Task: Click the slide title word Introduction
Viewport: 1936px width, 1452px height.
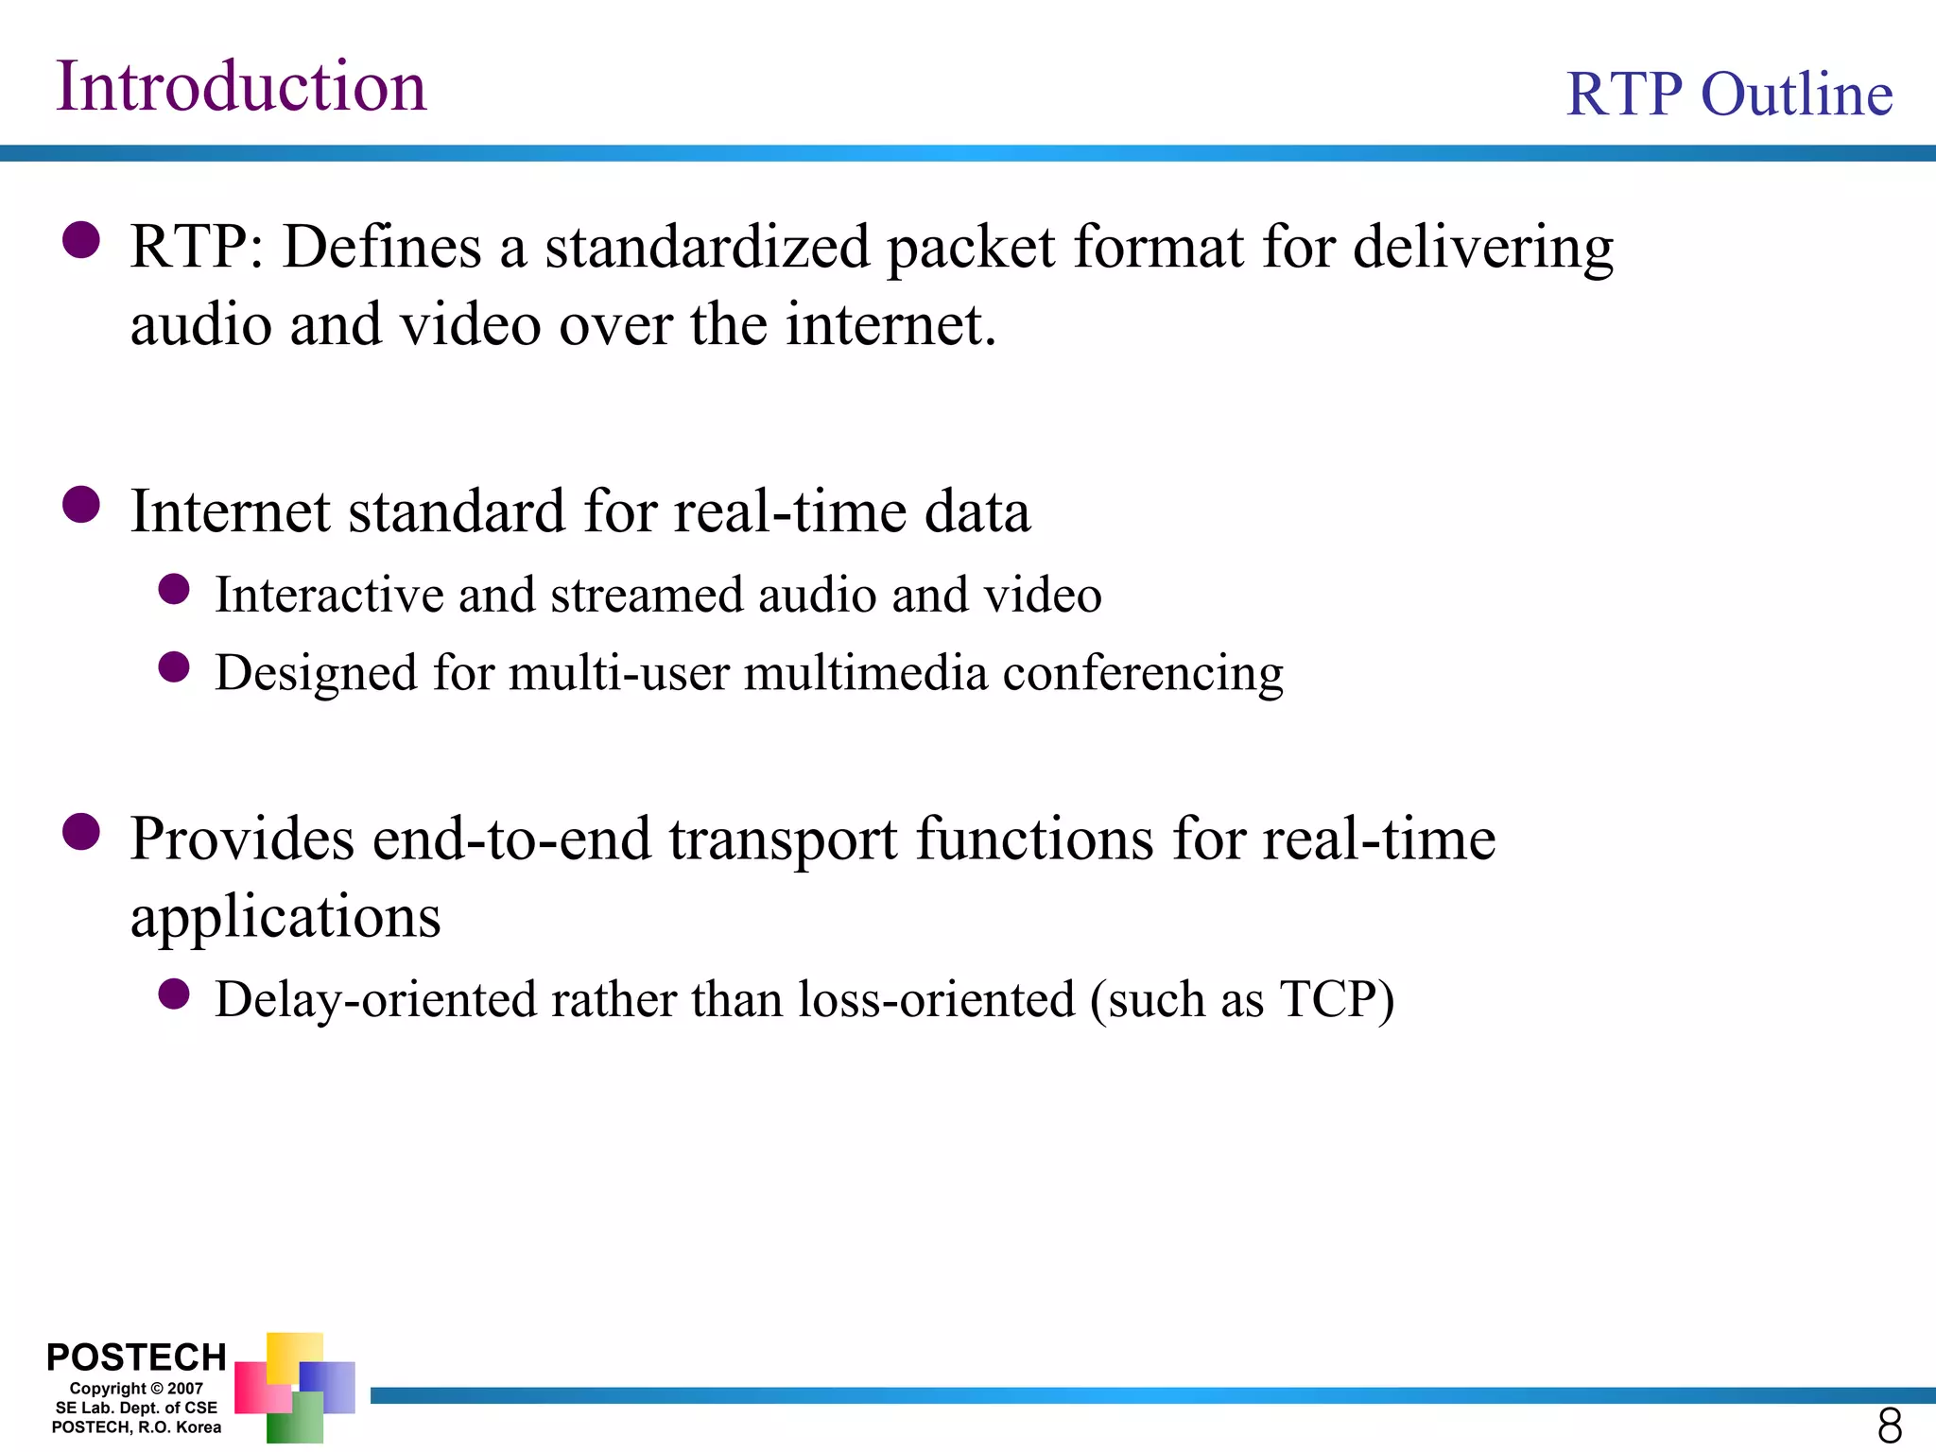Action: click(x=241, y=86)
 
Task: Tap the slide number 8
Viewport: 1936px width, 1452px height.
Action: click(x=1890, y=1425)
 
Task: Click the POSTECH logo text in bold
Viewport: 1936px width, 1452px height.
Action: click(x=136, y=1357)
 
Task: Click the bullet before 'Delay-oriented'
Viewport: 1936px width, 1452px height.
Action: click(x=174, y=994)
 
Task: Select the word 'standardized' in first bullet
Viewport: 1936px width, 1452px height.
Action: click(x=706, y=248)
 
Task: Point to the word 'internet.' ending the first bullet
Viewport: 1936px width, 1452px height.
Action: click(x=891, y=325)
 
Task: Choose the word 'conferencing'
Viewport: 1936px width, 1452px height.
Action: click(x=1143, y=674)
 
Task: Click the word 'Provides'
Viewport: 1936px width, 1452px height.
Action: click(x=243, y=839)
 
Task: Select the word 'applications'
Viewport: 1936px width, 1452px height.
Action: click(x=285, y=918)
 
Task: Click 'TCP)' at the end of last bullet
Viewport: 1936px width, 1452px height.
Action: click(x=1337, y=1000)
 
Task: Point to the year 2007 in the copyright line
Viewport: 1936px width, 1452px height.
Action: click(x=185, y=1389)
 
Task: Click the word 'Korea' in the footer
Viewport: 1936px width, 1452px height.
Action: click(x=199, y=1427)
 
